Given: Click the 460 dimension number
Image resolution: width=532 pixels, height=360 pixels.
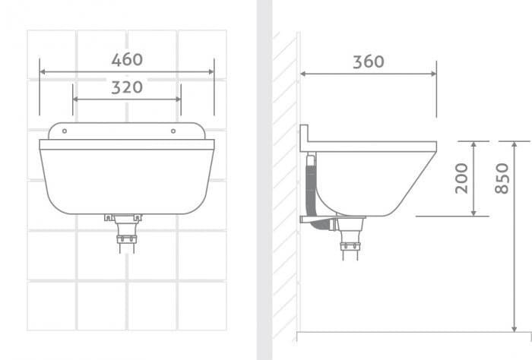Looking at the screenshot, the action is click(x=127, y=60).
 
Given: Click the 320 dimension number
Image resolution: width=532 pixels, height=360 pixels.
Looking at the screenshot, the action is click(x=127, y=87).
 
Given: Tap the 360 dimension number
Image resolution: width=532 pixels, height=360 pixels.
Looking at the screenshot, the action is click(x=369, y=62).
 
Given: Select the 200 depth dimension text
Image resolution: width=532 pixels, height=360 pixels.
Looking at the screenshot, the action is click(x=461, y=178).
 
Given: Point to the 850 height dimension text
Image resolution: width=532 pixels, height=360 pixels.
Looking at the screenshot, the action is click(x=502, y=178).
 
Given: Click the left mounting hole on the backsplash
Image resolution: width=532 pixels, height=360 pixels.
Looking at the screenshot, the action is click(x=65, y=131).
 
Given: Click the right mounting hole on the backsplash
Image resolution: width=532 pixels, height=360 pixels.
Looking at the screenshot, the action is click(x=173, y=131).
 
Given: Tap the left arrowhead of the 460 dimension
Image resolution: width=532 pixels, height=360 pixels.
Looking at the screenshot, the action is click(x=43, y=72).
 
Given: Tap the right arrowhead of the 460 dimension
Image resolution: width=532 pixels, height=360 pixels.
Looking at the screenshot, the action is click(x=211, y=72).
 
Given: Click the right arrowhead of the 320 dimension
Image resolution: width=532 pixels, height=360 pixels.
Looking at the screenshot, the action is click(x=178, y=99).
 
